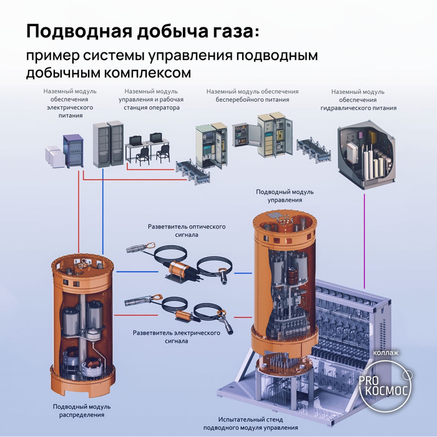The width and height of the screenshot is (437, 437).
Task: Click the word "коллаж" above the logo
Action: [x=386, y=353]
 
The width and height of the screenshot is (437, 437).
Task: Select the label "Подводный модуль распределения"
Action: [x=82, y=411]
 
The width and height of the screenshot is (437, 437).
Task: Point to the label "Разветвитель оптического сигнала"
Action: [x=187, y=230]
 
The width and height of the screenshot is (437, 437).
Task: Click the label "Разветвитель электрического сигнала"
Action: [x=177, y=336]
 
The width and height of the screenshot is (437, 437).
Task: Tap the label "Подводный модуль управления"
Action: [x=285, y=195]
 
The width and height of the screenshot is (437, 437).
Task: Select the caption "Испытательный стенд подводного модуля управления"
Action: [x=250, y=423]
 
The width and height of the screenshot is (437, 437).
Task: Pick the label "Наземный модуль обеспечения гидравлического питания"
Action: [x=358, y=100]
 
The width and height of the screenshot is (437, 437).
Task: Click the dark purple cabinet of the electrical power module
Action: [x=73, y=151]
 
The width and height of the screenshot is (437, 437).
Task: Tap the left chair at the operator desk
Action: [x=142, y=156]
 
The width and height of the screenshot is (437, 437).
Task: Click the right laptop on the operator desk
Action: [x=156, y=137]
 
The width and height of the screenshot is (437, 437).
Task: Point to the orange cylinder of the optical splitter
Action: [x=180, y=268]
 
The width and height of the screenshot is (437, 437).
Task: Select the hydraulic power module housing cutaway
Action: [x=367, y=154]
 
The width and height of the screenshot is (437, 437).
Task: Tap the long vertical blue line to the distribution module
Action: [x=103, y=212]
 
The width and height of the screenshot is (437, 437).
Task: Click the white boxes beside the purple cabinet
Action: [x=55, y=157]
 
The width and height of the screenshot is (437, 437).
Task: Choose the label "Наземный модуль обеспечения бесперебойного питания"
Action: [x=252, y=96]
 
